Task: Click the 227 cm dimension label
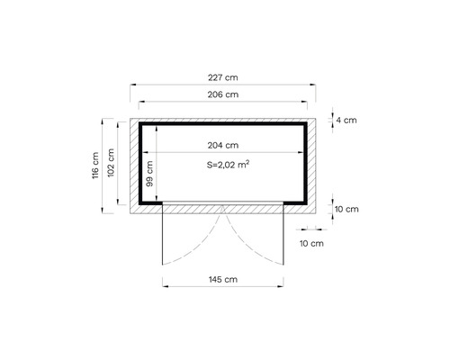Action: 223,77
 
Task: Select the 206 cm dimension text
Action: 223,94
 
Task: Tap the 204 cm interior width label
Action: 223,145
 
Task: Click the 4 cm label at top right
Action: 346,119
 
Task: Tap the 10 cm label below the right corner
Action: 311,243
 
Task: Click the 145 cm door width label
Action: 223,280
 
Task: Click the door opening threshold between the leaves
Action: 223,204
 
